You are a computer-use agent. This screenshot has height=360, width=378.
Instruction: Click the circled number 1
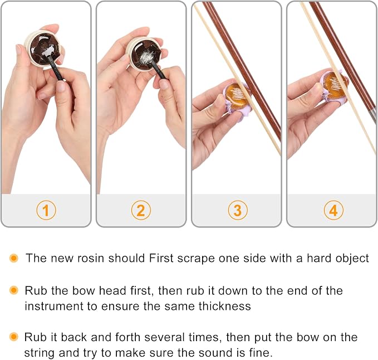coord(46,210)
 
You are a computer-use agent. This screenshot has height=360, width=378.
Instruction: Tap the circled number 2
coord(141,210)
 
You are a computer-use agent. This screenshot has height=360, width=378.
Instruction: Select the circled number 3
coord(238,210)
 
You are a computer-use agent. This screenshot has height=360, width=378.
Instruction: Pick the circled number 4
coord(333,210)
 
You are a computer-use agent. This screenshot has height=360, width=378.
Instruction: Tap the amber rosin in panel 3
coord(238,96)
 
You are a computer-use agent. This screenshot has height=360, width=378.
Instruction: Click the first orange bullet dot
coord(14,258)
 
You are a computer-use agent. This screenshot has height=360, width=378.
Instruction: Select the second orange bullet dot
coord(14,290)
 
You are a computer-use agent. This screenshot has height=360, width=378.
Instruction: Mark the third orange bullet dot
coord(14,337)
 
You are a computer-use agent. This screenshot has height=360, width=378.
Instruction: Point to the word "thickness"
coord(225,306)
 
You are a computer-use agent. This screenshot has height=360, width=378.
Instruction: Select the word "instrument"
coord(54,306)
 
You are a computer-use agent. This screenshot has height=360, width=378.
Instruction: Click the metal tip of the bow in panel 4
coord(374,115)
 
